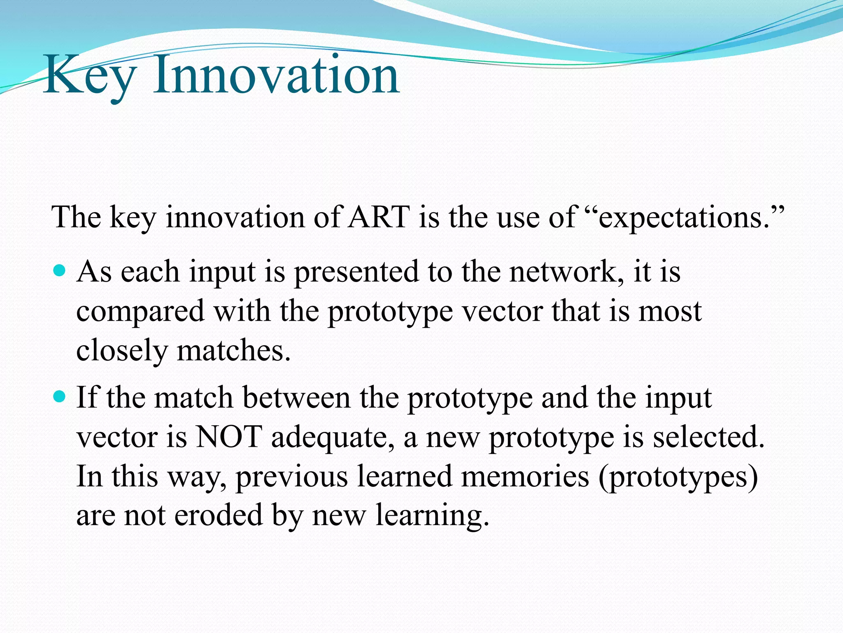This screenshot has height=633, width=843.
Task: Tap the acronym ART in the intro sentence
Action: [x=379, y=217]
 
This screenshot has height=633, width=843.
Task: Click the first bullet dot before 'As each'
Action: [x=60, y=271]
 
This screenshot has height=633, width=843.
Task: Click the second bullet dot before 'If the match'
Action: [x=60, y=397]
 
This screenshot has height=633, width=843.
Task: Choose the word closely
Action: [x=122, y=351]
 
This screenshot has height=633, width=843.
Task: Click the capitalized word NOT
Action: [x=229, y=436]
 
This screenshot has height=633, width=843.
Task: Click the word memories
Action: [x=525, y=476]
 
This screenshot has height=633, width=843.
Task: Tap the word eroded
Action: [x=219, y=515]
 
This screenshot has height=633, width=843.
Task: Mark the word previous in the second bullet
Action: [x=291, y=476]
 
